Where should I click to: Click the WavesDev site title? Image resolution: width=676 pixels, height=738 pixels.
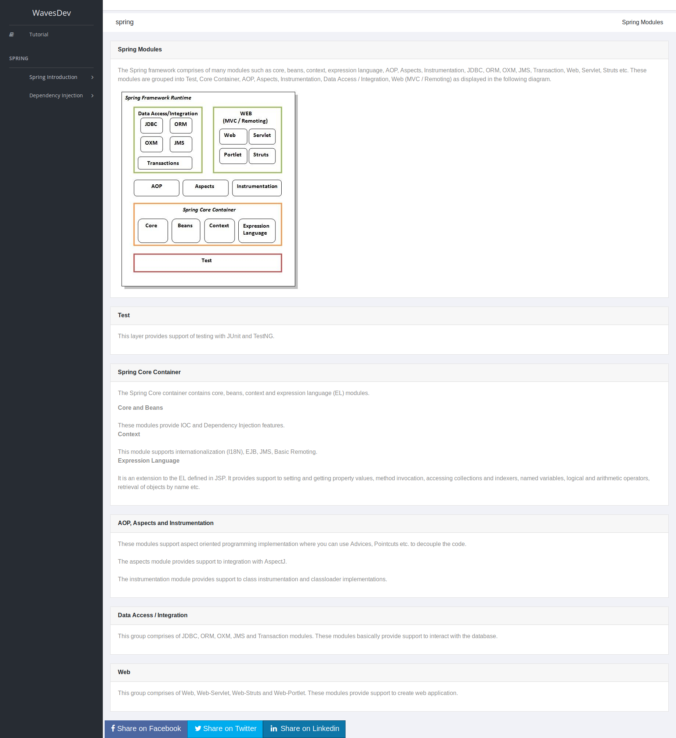tap(51, 13)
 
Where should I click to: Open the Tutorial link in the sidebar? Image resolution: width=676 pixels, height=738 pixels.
tap(39, 35)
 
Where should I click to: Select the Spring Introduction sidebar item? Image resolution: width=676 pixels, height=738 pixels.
tap(53, 77)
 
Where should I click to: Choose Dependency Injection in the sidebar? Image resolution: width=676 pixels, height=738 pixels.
tap(56, 95)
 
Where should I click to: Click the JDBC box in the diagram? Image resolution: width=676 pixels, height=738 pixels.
tap(151, 126)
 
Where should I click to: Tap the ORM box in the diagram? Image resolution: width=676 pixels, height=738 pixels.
tap(181, 126)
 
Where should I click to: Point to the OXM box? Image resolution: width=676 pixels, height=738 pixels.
tap(151, 144)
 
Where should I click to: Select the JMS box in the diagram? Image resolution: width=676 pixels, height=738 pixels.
tap(181, 144)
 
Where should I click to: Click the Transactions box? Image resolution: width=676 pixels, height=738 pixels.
tap(165, 163)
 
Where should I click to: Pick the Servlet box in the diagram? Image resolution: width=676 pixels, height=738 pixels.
tap(262, 137)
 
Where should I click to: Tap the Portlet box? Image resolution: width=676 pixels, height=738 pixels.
tap(233, 156)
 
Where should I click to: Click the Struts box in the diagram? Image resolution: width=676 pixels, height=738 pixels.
tap(262, 156)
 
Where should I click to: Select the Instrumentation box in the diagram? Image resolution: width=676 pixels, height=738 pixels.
tap(257, 188)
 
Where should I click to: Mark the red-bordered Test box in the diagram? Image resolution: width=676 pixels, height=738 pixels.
tap(207, 263)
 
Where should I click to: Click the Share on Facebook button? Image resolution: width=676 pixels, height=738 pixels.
tap(146, 729)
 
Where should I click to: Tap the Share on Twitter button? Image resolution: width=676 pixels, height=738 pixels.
tap(225, 729)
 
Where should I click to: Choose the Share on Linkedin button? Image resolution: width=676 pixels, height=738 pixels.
tap(304, 729)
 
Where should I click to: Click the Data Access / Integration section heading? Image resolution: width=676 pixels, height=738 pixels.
tap(152, 615)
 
